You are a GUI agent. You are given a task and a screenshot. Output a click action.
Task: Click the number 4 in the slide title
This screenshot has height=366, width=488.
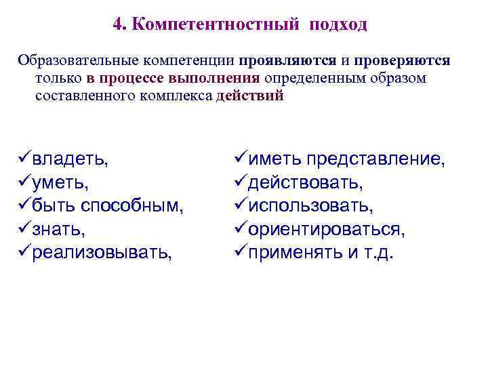(x=119, y=25)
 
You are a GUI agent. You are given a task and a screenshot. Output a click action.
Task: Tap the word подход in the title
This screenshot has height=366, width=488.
(x=338, y=25)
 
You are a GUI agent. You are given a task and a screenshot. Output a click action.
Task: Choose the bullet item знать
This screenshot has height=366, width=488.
(x=60, y=230)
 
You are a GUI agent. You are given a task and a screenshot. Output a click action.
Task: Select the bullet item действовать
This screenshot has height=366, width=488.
(x=306, y=183)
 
